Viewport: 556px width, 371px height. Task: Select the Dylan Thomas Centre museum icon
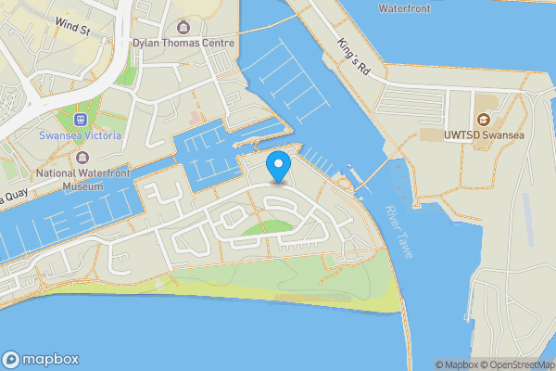pyautogui.click(x=183, y=26)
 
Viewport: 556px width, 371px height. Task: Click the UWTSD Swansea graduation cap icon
pyautogui.click(x=482, y=119)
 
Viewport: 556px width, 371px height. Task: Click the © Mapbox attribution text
pyautogui.click(x=454, y=365)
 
